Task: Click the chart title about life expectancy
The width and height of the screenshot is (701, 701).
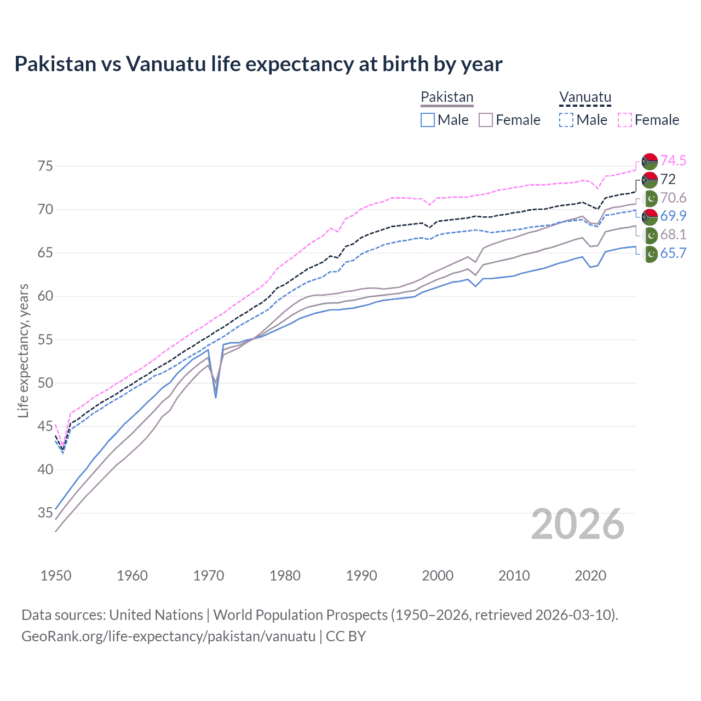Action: pyautogui.click(x=258, y=64)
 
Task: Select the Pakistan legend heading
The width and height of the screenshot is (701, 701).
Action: pyautogui.click(x=447, y=97)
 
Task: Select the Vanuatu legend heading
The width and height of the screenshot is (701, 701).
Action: pyautogui.click(x=585, y=97)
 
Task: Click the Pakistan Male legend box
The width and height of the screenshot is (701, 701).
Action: pyautogui.click(x=428, y=120)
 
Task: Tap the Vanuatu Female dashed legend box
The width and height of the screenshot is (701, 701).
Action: pyautogui.click(x=625, y=120)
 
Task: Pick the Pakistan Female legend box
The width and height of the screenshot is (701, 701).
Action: pyautogui.click(x=486, y=120)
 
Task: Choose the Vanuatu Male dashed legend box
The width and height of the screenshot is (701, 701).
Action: pyautogui.click(x=566, y=120)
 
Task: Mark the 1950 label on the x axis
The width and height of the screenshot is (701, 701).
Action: pyautogui.click(x=56, y=576)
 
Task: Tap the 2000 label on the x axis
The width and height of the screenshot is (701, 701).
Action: pyautogui.click(x=438, y=576)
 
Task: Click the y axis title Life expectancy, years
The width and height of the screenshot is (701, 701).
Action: pyautogui.click(x=23, y=350)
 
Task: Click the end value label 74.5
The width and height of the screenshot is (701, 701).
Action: pyautogui.click(x=673, y=160)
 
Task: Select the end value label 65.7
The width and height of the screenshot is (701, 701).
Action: pyautogui.click(x=673, y=253)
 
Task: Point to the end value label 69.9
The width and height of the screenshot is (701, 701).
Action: pyautogui.click(x=673, y=216)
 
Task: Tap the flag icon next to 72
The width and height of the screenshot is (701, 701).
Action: pyautogui.click(x=650, y=180)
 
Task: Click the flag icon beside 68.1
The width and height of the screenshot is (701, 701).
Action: pyautogui.click(x=650, y=235)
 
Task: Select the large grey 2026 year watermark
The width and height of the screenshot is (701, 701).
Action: pyautogui.click(x=578, y=524)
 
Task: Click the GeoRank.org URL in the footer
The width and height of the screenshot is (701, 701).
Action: pyautogui.click(x=168, y=636)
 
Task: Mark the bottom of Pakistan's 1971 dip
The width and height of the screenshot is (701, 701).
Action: pyautogui.click(x=216, y=397)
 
